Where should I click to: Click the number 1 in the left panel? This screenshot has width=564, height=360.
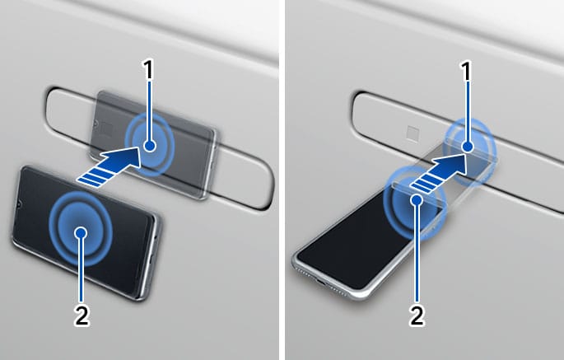tap(148, 70)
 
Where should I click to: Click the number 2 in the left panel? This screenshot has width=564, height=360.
tap(82, 316)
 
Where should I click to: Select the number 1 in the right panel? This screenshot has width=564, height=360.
tap(467, 72)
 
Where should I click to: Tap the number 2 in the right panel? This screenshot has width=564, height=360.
tap(417, 316)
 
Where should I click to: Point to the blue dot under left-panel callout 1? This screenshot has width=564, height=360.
tap(150, 146)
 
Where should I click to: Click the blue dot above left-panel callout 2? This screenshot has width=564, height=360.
tap(82, 233)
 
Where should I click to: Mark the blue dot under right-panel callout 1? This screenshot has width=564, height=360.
tap(467, 147)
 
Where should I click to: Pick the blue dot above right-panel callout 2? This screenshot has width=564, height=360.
tap(417, 199)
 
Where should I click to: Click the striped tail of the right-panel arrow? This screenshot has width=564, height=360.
tap(422, 184)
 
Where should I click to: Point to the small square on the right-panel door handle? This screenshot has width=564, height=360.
tap(413, 133)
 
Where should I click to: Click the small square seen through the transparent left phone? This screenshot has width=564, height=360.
tap(107, 129)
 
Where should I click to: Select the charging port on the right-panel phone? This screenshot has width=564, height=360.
tap(320, 280)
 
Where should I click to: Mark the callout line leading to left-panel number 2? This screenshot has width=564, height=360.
tap(82, 269)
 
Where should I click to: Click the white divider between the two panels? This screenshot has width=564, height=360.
tap(282, 180)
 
